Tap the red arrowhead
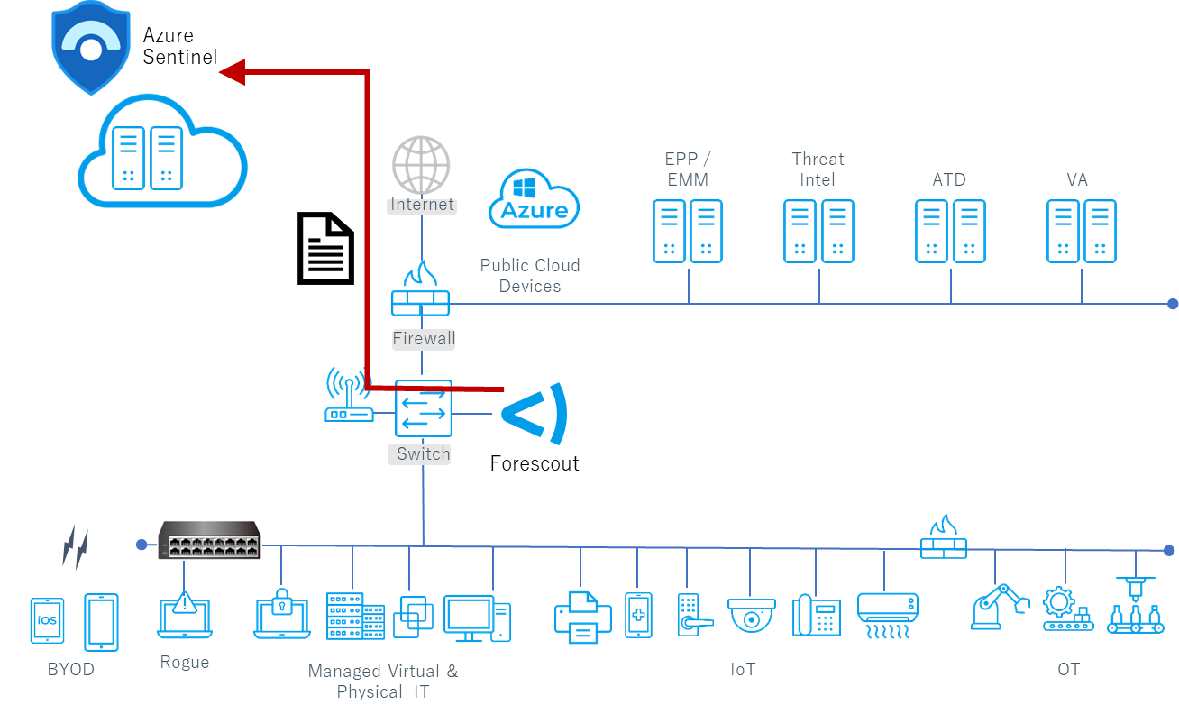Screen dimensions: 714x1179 click(x=233, y=72)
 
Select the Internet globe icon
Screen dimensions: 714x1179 click(x=421, y=165)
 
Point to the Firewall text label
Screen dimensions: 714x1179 click(x=424, y=339)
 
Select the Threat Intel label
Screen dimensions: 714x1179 click(x=818, y=169)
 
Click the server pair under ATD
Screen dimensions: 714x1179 click(x=950, y=232)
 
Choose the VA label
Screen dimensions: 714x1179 click(x=1077, y=179)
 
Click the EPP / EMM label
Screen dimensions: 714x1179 click(x=687, y=169)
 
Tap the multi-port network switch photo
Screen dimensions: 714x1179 click(x=209, y=539)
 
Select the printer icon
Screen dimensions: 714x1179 click(x=582, y=617)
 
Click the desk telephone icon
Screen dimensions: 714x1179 click(x=817, y=615)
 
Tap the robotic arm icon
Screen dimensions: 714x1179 click(x=999, y=606)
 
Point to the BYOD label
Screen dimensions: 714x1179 click(x=70, y=670)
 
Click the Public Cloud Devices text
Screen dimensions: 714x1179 click(x=529, y=275)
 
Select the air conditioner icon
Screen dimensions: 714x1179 click(x=887, y=614)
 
